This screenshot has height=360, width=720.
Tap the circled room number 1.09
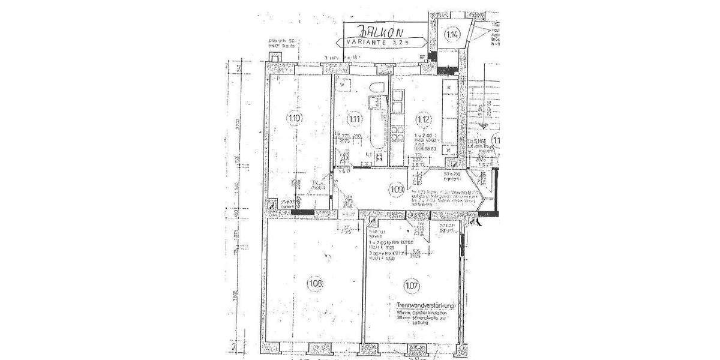click(x=395, y=191)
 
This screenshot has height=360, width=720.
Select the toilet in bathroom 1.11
click(x=377, y=90)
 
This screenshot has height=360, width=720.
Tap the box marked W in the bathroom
click(x=342, y=86)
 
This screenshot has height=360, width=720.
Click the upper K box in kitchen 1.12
click(x=449, y=88)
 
